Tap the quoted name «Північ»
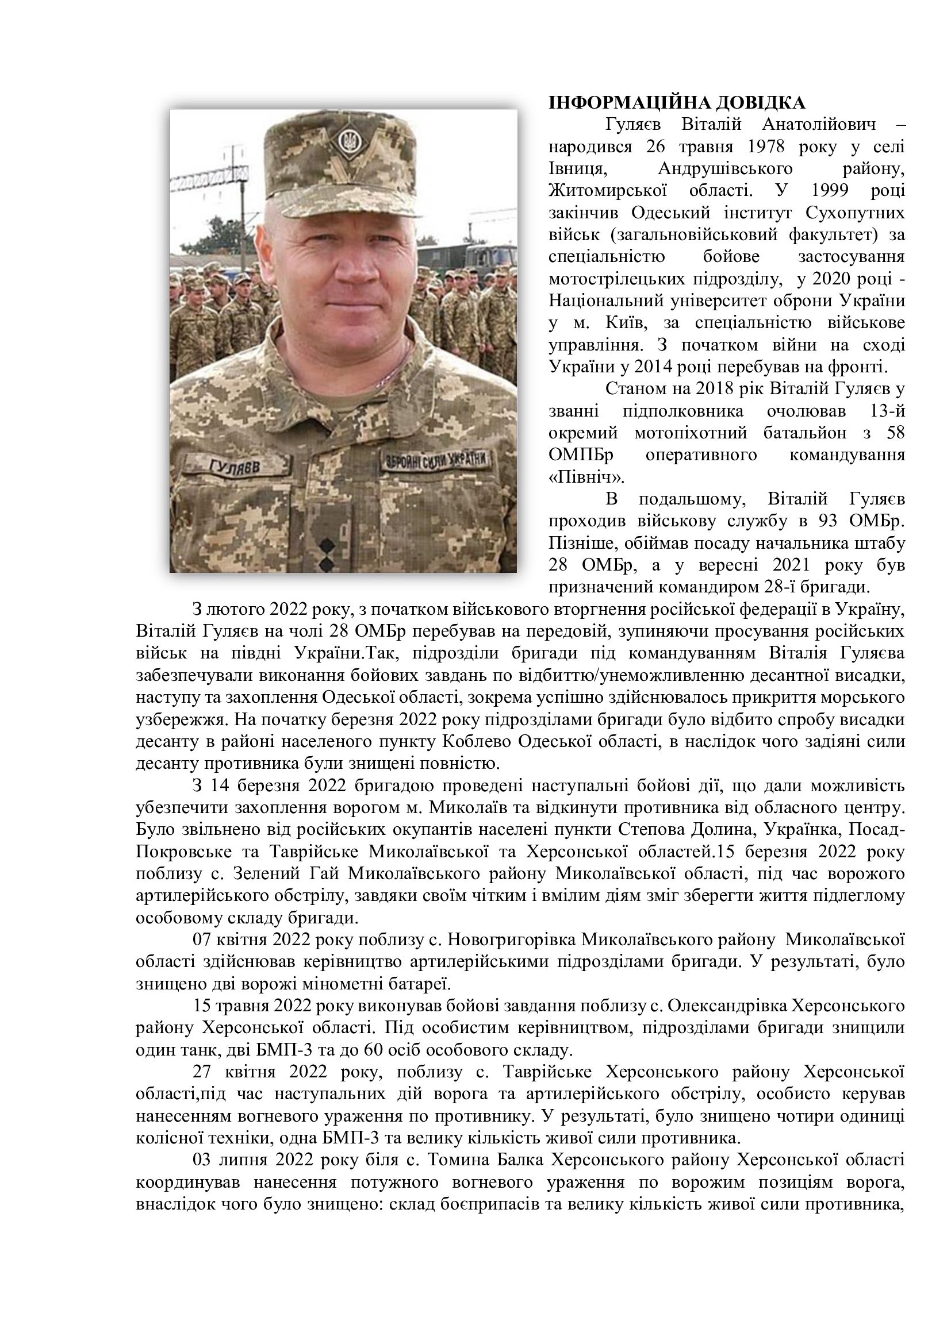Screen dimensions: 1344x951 (578, 477)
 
